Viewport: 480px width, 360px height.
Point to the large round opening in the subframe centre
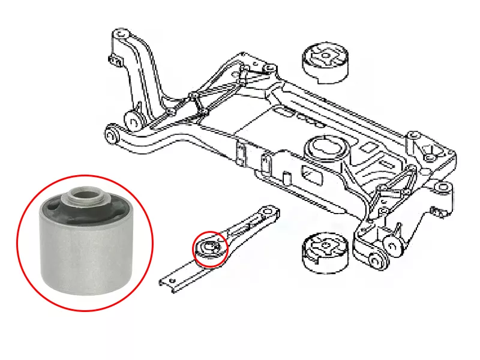(325, 147)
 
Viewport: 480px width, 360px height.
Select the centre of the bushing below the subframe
(325, 248)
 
